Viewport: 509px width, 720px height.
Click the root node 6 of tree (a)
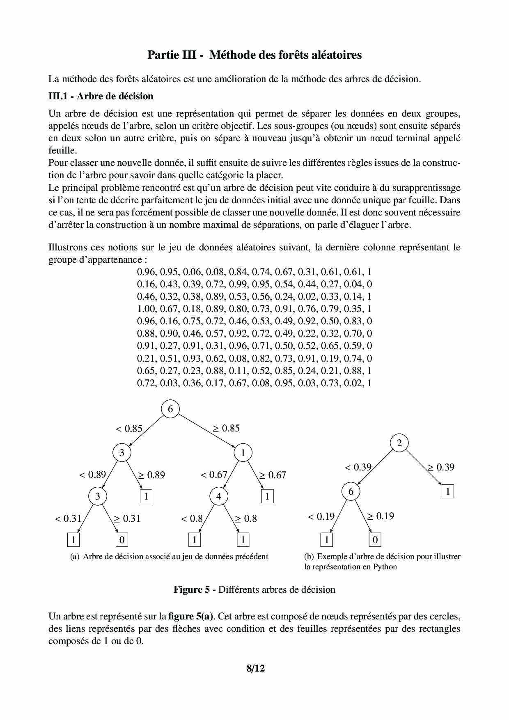pos(170,409)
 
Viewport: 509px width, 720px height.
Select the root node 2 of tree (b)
pos(399,443)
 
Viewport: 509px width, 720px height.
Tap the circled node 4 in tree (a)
pos(219,496)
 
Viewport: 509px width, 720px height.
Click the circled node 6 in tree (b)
pos(351,491)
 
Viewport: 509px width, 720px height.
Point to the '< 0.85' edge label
pos(129,429)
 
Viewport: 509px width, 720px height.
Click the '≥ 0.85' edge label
pos(226,428)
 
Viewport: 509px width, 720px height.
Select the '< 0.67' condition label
pos(214,475)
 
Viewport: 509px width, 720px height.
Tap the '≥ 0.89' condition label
pos(151,475)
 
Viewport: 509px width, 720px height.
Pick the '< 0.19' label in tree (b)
pos(321,516)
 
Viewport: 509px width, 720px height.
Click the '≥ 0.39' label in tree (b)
pos(441,467)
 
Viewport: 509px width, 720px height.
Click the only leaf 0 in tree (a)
pos(122,539)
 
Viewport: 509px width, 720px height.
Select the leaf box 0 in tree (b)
pos(375,539)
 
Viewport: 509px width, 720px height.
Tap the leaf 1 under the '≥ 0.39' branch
pos(448,491)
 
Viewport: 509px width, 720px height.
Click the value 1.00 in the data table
pos(146,309)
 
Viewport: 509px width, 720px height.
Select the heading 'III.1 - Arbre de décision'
pos(101,96)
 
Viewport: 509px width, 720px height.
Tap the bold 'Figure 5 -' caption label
pos(195,589)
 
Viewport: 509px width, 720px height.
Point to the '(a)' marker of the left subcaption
pos(75,557)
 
